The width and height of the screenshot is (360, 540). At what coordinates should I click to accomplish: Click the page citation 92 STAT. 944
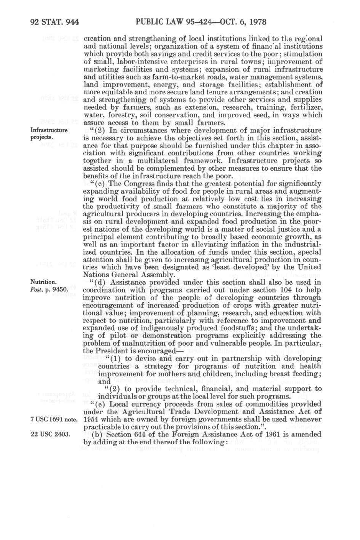[x=54, y=22]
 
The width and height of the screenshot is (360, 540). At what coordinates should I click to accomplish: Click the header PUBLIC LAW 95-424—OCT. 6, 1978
[x=201, y=22]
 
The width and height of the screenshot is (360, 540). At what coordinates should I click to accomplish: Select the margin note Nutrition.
[x=44, y=282]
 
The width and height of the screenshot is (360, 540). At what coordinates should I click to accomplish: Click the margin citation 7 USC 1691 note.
[x=54, y=419]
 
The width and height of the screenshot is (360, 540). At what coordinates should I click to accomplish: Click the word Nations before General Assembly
[x=95, y=275]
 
